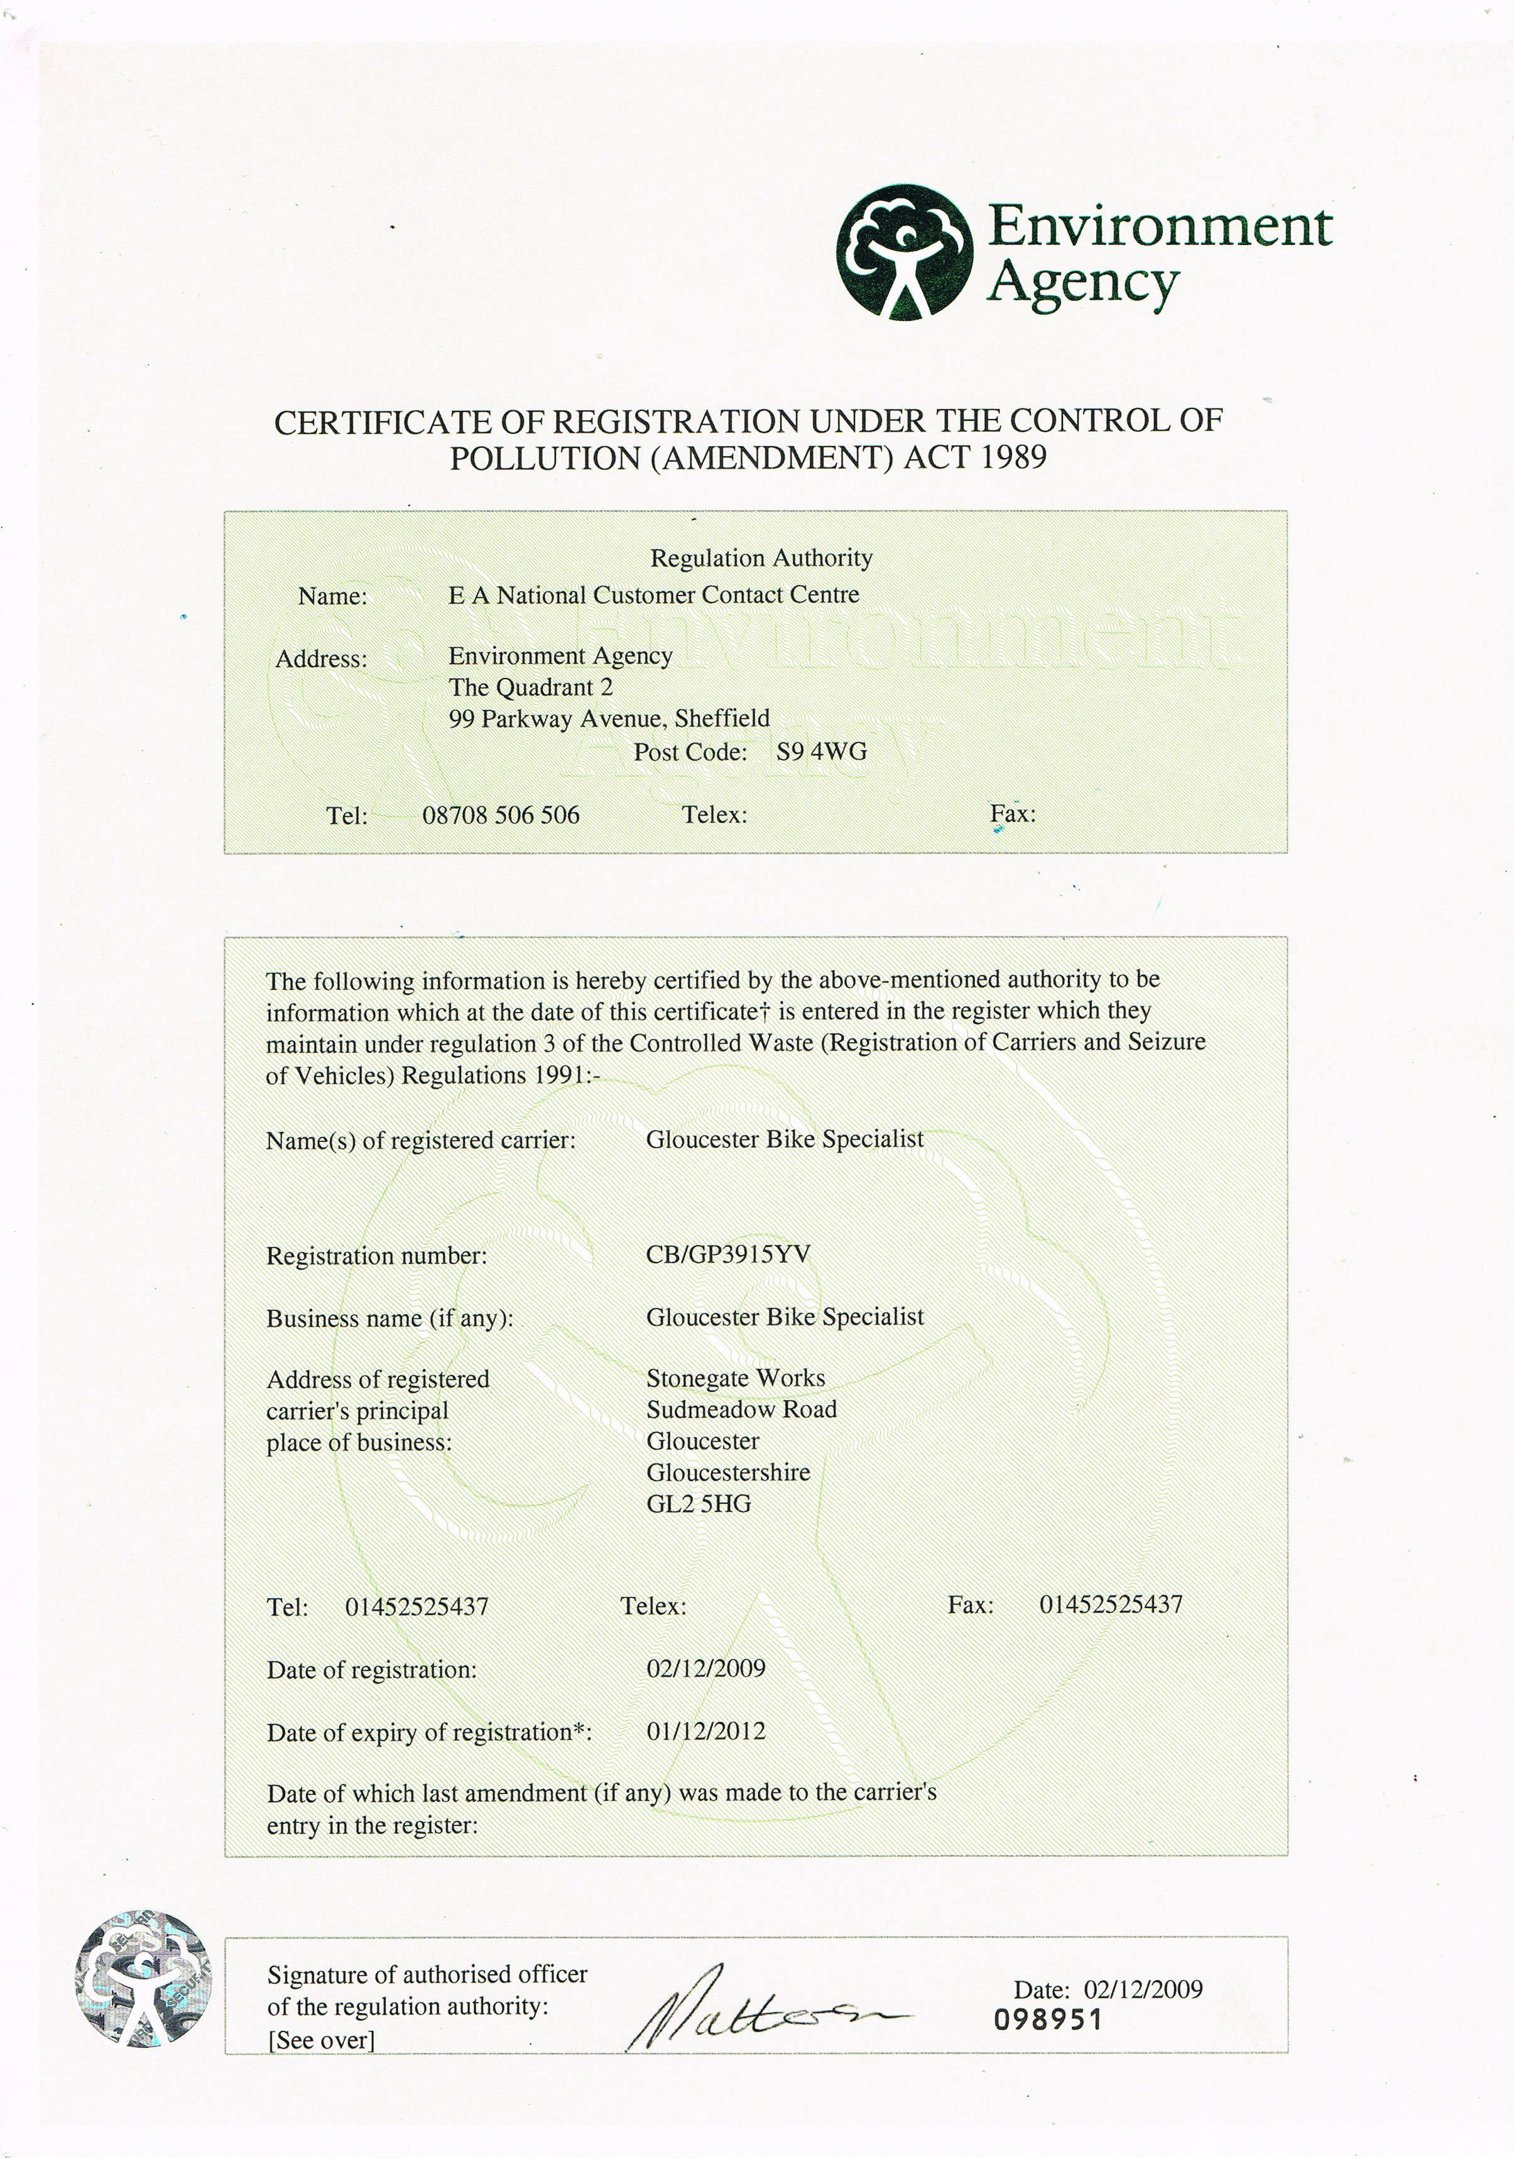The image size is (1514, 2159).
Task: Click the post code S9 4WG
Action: pyautogui.click(x=821, y=751)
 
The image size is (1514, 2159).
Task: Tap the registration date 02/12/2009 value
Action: pyautogui.click(x=705, y=1668)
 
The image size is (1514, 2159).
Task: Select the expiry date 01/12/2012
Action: pyautogui.click(x=705, y=1731)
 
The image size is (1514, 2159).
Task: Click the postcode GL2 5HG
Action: pyautogui.click(x=699, y=1504)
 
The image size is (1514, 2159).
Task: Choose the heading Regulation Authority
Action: pyautogui.click(x=761, y=558)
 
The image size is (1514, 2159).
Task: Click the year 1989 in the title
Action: pyautogui.click(x=1013, y=458)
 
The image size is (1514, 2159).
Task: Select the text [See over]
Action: pyautogui.click(x=320, y=2040)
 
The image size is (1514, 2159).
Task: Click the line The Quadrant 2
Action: pyautogui.click(x=530, y=687)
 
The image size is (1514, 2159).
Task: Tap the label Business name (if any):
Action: pyautogui.click(x=389, y=1319)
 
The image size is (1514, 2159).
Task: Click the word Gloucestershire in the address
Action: pyautogui.click(x=728, y=1472)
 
